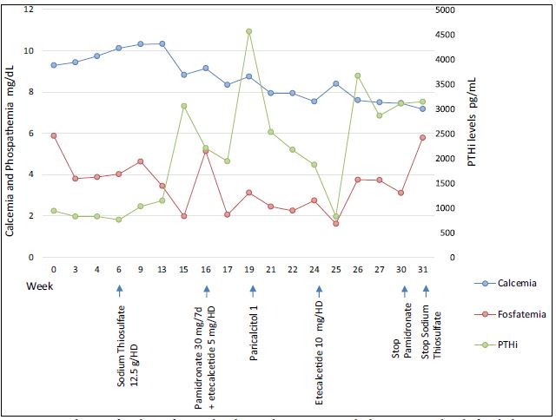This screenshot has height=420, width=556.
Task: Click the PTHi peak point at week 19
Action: point(249,31)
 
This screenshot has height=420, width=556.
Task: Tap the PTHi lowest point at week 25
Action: point(336,217)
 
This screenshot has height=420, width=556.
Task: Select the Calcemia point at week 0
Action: point(54,65)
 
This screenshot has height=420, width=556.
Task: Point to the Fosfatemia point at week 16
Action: point(206,151)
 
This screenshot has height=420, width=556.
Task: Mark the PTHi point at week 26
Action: point(358,75)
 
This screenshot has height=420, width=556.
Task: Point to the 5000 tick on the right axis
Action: point(444,10)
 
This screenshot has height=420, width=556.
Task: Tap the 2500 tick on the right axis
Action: point(444,134)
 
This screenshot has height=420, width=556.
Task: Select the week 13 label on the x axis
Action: point(162,269)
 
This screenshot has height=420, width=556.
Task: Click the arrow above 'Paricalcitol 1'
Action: point(249,292)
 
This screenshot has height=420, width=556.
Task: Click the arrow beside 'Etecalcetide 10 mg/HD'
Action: point(320,292)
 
